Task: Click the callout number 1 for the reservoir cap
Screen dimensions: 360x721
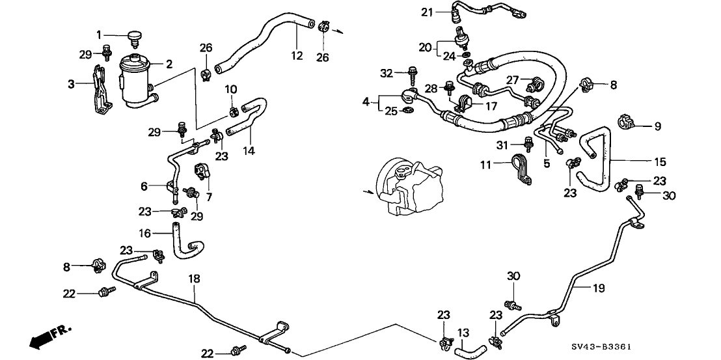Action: pos(99,35)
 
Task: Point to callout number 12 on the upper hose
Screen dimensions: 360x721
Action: pos(297,56)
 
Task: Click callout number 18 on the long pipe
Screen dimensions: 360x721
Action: pos(193,279)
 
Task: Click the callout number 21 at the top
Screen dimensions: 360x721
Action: pos(426,12)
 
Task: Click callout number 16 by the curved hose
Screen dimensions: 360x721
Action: pos(144,233)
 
